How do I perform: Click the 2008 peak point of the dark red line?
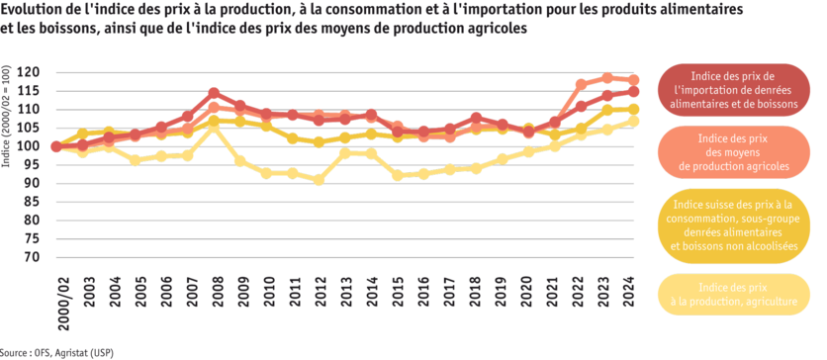click(x=214, y=92)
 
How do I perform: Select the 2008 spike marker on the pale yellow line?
click(x=214, y=128)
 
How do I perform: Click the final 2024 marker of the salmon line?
click(x=633, y=78)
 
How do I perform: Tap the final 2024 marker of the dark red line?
click(x=633, y=91)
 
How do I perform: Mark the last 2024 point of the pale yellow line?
click(x=633, y=121)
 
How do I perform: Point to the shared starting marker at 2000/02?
click(x=55, y=146)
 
